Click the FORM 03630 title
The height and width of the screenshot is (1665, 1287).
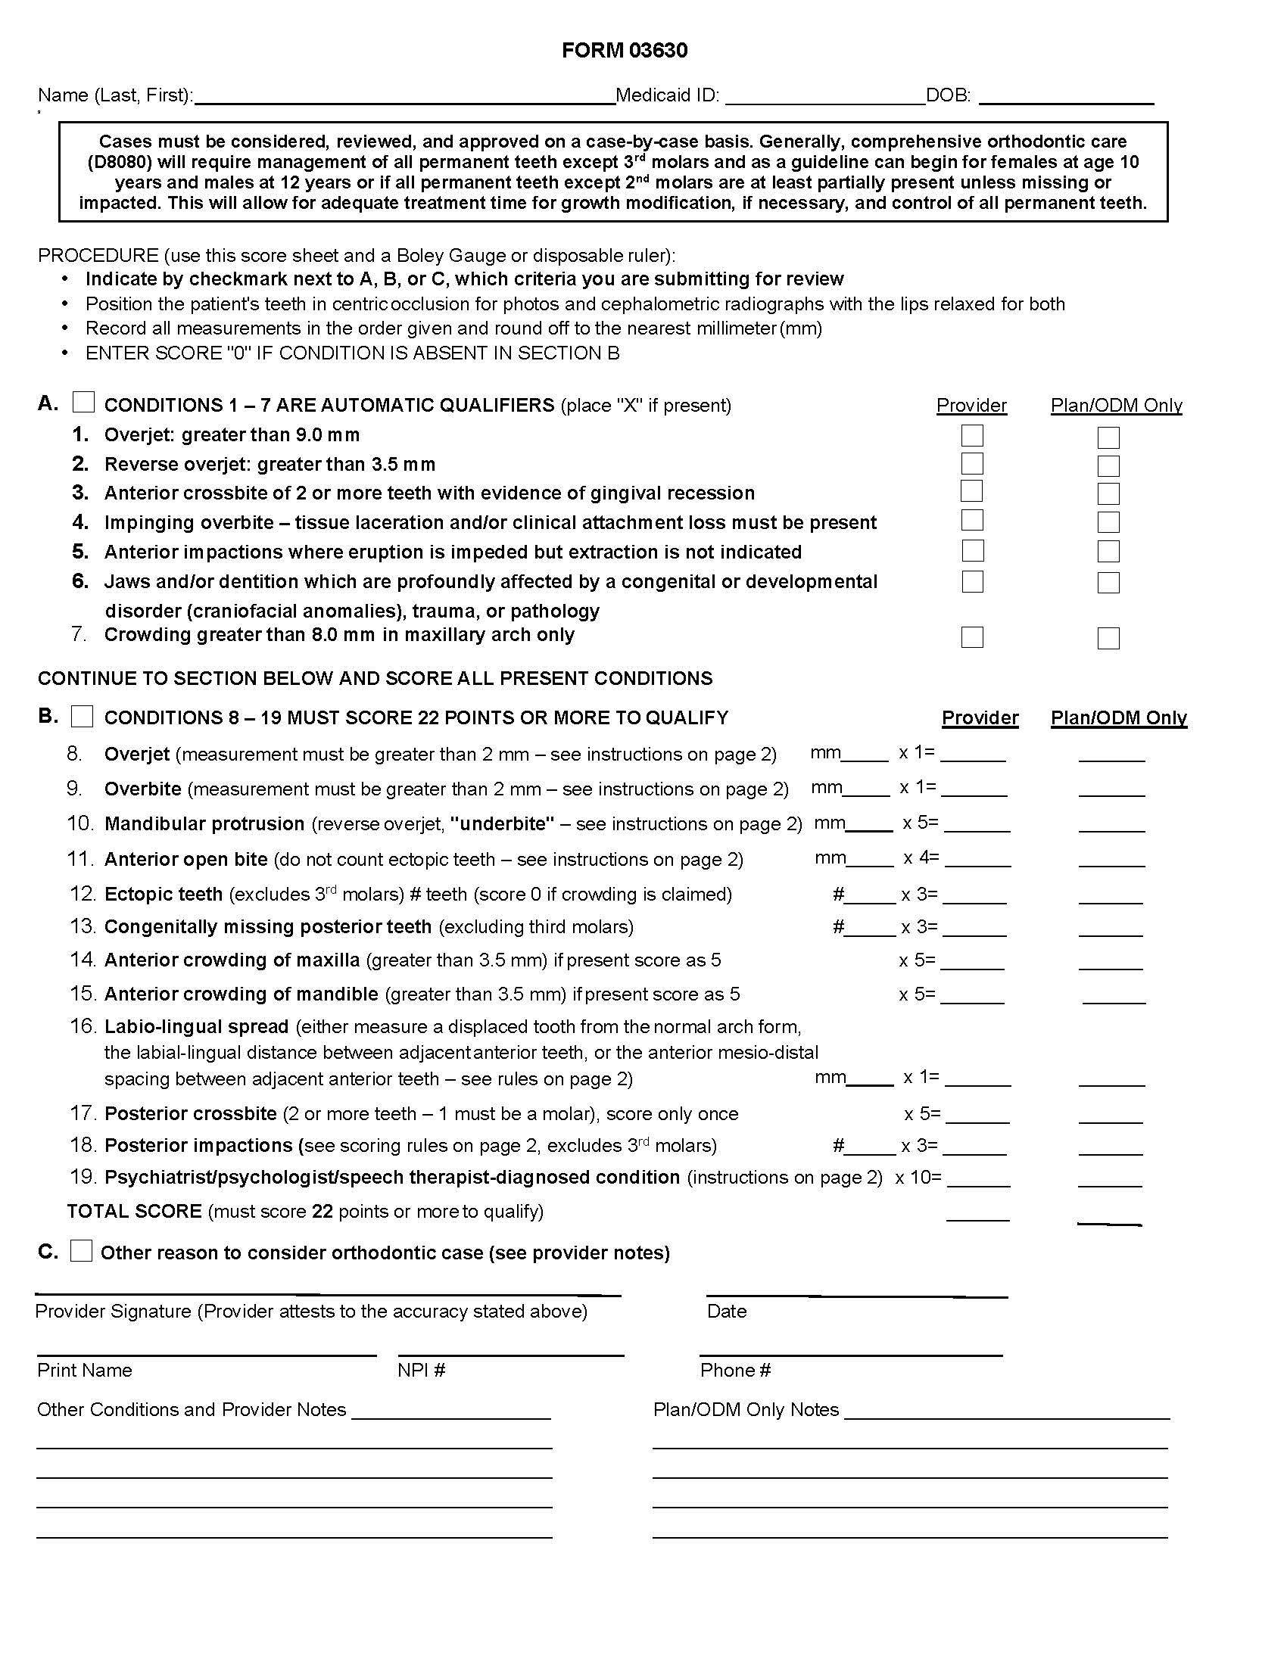pyautogui.click(x=625, y=50)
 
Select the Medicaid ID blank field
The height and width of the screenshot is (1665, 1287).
pyautogui.click(x=825, y=96)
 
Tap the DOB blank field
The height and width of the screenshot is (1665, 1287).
pyautogui.click(x=1065, y=96)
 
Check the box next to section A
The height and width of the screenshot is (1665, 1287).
pyautogui.click(x=83, y=402)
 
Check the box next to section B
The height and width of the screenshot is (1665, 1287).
pyautogui.click(x=83, y=717)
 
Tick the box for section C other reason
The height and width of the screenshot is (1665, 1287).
pyautogui.click(x=82, y=1251)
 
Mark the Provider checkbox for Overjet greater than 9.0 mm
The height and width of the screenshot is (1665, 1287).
pyautogui.click(x=972, y=435)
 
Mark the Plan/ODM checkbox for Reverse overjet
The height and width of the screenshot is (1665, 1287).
pyautogui.click(x=1108, y=465)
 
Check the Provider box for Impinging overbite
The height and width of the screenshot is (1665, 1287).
pyautogui.click(x=972, y=521)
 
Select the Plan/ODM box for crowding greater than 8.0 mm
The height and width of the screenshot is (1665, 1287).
pyautogui.click(x=1108, y=638)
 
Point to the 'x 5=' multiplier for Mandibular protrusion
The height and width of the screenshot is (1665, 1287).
pyautogui.click(x=921, y=823)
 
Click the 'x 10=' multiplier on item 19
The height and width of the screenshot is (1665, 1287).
pyautogui.click(x=918, y=1178)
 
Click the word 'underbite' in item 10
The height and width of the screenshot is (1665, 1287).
pyautogui.click(x=503, y=824)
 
